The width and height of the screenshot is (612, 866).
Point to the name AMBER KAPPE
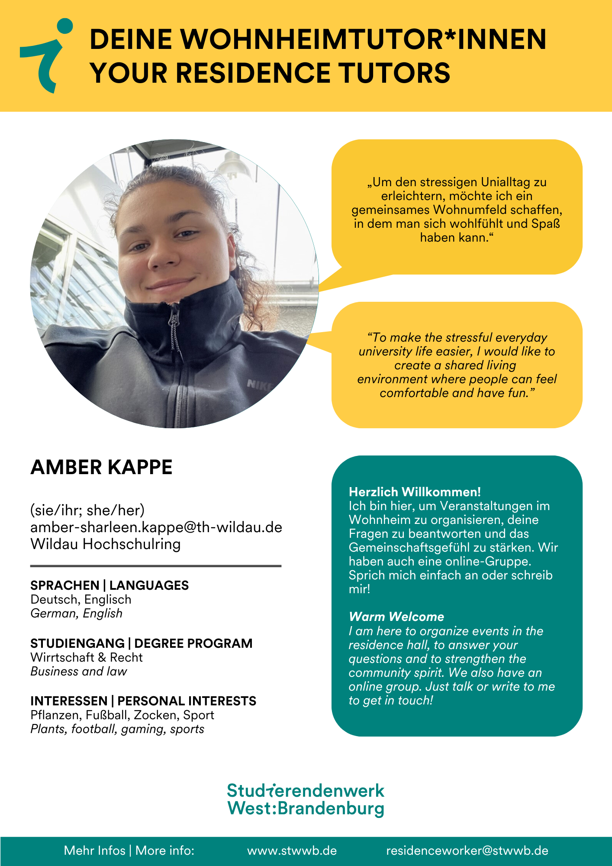click(x=101, y=468)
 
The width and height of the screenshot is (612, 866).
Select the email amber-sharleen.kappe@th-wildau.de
click(x=156, y=527)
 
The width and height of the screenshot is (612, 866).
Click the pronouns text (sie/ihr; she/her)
click(x=87, y=511)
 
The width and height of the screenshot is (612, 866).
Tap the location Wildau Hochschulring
click(x=105, y=544)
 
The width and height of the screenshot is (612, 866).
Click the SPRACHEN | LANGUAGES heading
click(x=110, y=585)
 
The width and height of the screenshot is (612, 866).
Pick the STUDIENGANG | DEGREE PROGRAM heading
click(x=141, y=643)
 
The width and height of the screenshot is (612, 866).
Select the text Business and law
click(x=79, y=672)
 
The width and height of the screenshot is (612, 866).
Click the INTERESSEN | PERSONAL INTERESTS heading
click(x=143, y=701)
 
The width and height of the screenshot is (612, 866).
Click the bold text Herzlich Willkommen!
click(x=415, y=492)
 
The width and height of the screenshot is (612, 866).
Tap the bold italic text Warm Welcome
click(x=396, y=617)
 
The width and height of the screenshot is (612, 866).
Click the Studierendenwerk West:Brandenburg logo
click(x=306, y=800)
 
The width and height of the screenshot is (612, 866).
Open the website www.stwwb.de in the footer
click(x=292, y=851)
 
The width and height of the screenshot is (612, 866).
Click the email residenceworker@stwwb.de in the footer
click(x=467, y=851)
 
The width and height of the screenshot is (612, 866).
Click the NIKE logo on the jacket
click(x=258, y=385)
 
